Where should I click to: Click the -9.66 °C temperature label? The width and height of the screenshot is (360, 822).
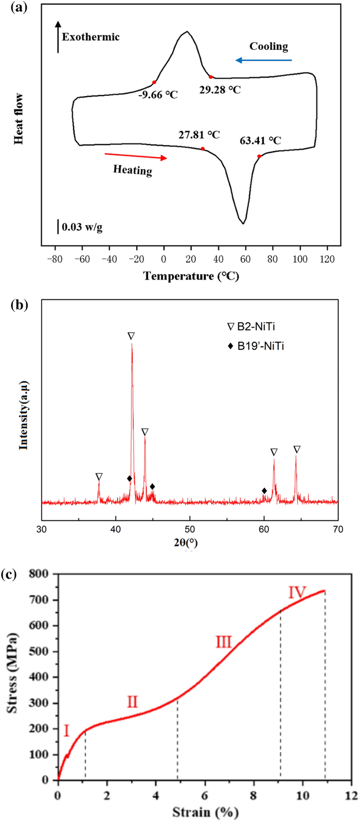(158, 95)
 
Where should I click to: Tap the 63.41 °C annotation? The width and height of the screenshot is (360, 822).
(260, 140)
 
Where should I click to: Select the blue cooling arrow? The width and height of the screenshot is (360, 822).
(263, 61)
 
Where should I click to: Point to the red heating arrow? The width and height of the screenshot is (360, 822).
(135, 156)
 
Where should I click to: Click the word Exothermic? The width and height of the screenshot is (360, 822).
(91, 37)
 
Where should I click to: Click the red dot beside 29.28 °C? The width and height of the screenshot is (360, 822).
(210, 77)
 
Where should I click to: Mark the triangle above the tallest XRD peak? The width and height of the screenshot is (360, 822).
(131, 336)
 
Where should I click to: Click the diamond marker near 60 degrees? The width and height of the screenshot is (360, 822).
(264, 491)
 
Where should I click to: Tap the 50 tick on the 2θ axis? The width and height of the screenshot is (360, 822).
(190, 528)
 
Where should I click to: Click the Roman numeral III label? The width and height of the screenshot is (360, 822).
(224, 641)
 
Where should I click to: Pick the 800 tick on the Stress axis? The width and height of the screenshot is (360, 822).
(40, 574)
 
